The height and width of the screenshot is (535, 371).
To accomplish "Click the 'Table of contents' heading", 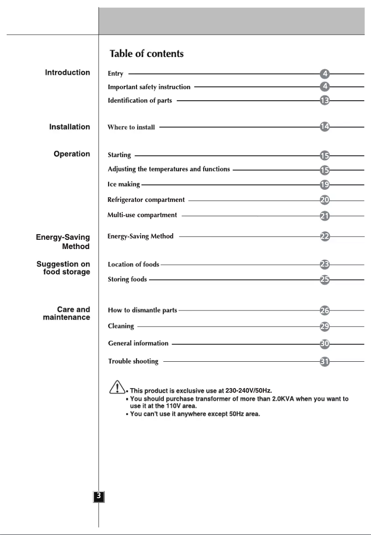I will (146, 54).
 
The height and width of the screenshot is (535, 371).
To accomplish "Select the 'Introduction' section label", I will (68, 73).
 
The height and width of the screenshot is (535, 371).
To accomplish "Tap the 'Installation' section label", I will (70, 127).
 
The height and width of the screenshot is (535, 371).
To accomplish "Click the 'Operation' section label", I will (72, 154).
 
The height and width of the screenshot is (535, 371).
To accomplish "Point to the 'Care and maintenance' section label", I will (67, 313).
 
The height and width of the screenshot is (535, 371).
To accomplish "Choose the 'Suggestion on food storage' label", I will (64, 268).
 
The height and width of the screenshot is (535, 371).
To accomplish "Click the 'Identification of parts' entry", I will (140, 101).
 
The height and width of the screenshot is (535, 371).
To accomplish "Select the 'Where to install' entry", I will (131, 127).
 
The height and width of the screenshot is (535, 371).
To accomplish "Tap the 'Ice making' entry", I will (124, 185).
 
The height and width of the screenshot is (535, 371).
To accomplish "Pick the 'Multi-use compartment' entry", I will (142, 215).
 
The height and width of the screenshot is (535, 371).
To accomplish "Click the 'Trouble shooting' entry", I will (133, 361).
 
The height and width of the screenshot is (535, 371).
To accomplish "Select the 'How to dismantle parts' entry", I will (142, 310).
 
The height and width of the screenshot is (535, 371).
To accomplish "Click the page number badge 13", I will (325, 100).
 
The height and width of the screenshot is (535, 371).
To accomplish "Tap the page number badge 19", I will (325, 185).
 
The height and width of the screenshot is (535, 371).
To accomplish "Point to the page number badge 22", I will (325, 236).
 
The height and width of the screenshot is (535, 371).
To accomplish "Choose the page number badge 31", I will (325, 362).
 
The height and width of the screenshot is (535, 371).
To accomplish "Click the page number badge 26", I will (325, 310).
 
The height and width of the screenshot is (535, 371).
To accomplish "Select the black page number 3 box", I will (99, 496).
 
